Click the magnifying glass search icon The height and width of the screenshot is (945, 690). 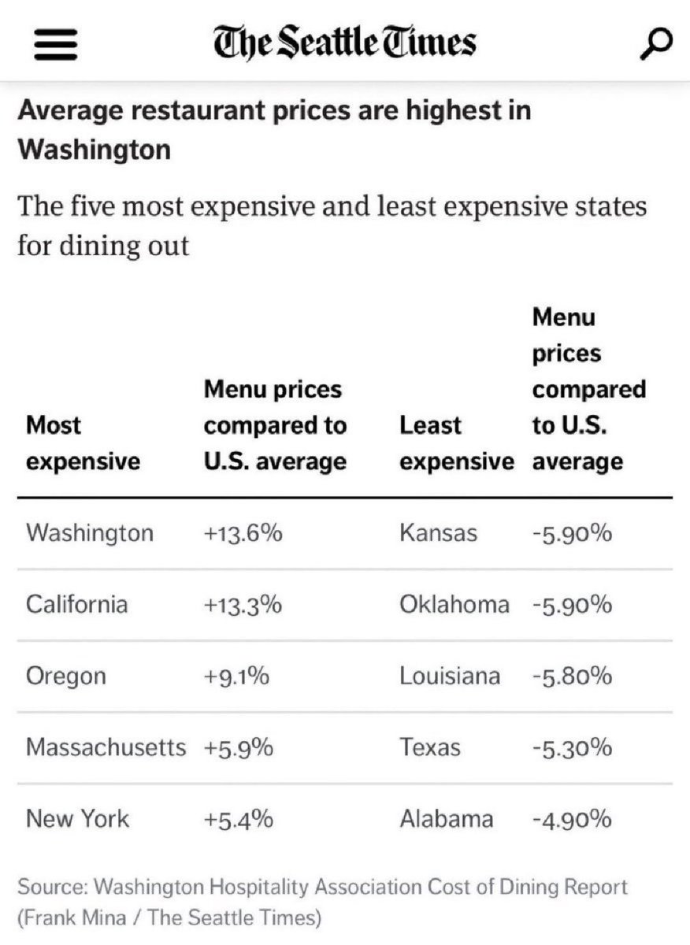coord(655,43)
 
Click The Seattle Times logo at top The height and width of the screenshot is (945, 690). coord(345,42)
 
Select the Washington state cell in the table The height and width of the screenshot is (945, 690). coord(89,533)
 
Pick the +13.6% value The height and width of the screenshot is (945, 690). coord(243,534)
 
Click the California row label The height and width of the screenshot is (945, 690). coord(76,605)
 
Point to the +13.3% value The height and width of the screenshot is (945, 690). coord(243,606)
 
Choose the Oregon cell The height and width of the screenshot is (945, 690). coord(65,676)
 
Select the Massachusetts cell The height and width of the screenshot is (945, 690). coord(106,747)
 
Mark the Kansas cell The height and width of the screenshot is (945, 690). coord(438,533)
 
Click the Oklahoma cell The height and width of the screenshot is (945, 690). coord(454,605)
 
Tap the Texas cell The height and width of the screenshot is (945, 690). coord(430,747)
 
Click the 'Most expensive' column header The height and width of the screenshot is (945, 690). coord(83,443)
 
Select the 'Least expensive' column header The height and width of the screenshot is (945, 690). coord(456,443)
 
